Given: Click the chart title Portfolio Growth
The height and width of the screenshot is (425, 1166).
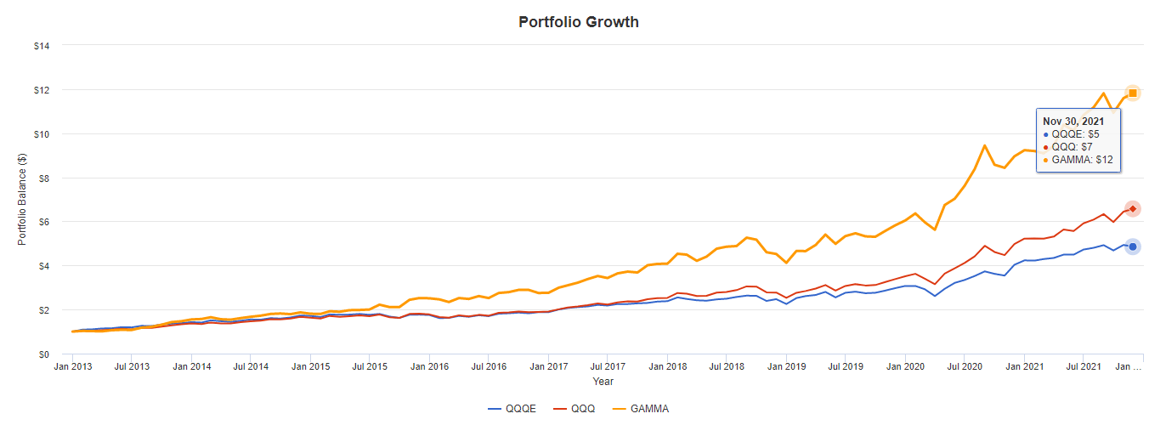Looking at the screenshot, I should [579, 22].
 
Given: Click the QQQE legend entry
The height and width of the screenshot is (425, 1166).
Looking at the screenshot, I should [512, 409].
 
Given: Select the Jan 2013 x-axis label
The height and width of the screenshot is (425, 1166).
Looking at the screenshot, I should [72, 367].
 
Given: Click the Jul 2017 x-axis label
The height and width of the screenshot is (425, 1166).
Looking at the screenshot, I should [608, 367].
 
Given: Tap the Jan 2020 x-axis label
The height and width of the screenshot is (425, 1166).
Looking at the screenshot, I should [905, 367].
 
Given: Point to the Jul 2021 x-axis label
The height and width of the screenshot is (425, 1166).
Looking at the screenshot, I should [1084, 367].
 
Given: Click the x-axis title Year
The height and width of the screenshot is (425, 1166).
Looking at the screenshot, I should [603, 382].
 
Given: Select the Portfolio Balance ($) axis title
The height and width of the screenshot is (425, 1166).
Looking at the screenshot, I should [22, 200].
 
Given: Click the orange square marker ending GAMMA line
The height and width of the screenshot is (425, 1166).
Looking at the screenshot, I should [1133, 93].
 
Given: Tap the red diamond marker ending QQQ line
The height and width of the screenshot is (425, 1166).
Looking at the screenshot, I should [1133, 208].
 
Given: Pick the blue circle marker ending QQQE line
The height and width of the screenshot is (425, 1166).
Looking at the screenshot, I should [1133, 246].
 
